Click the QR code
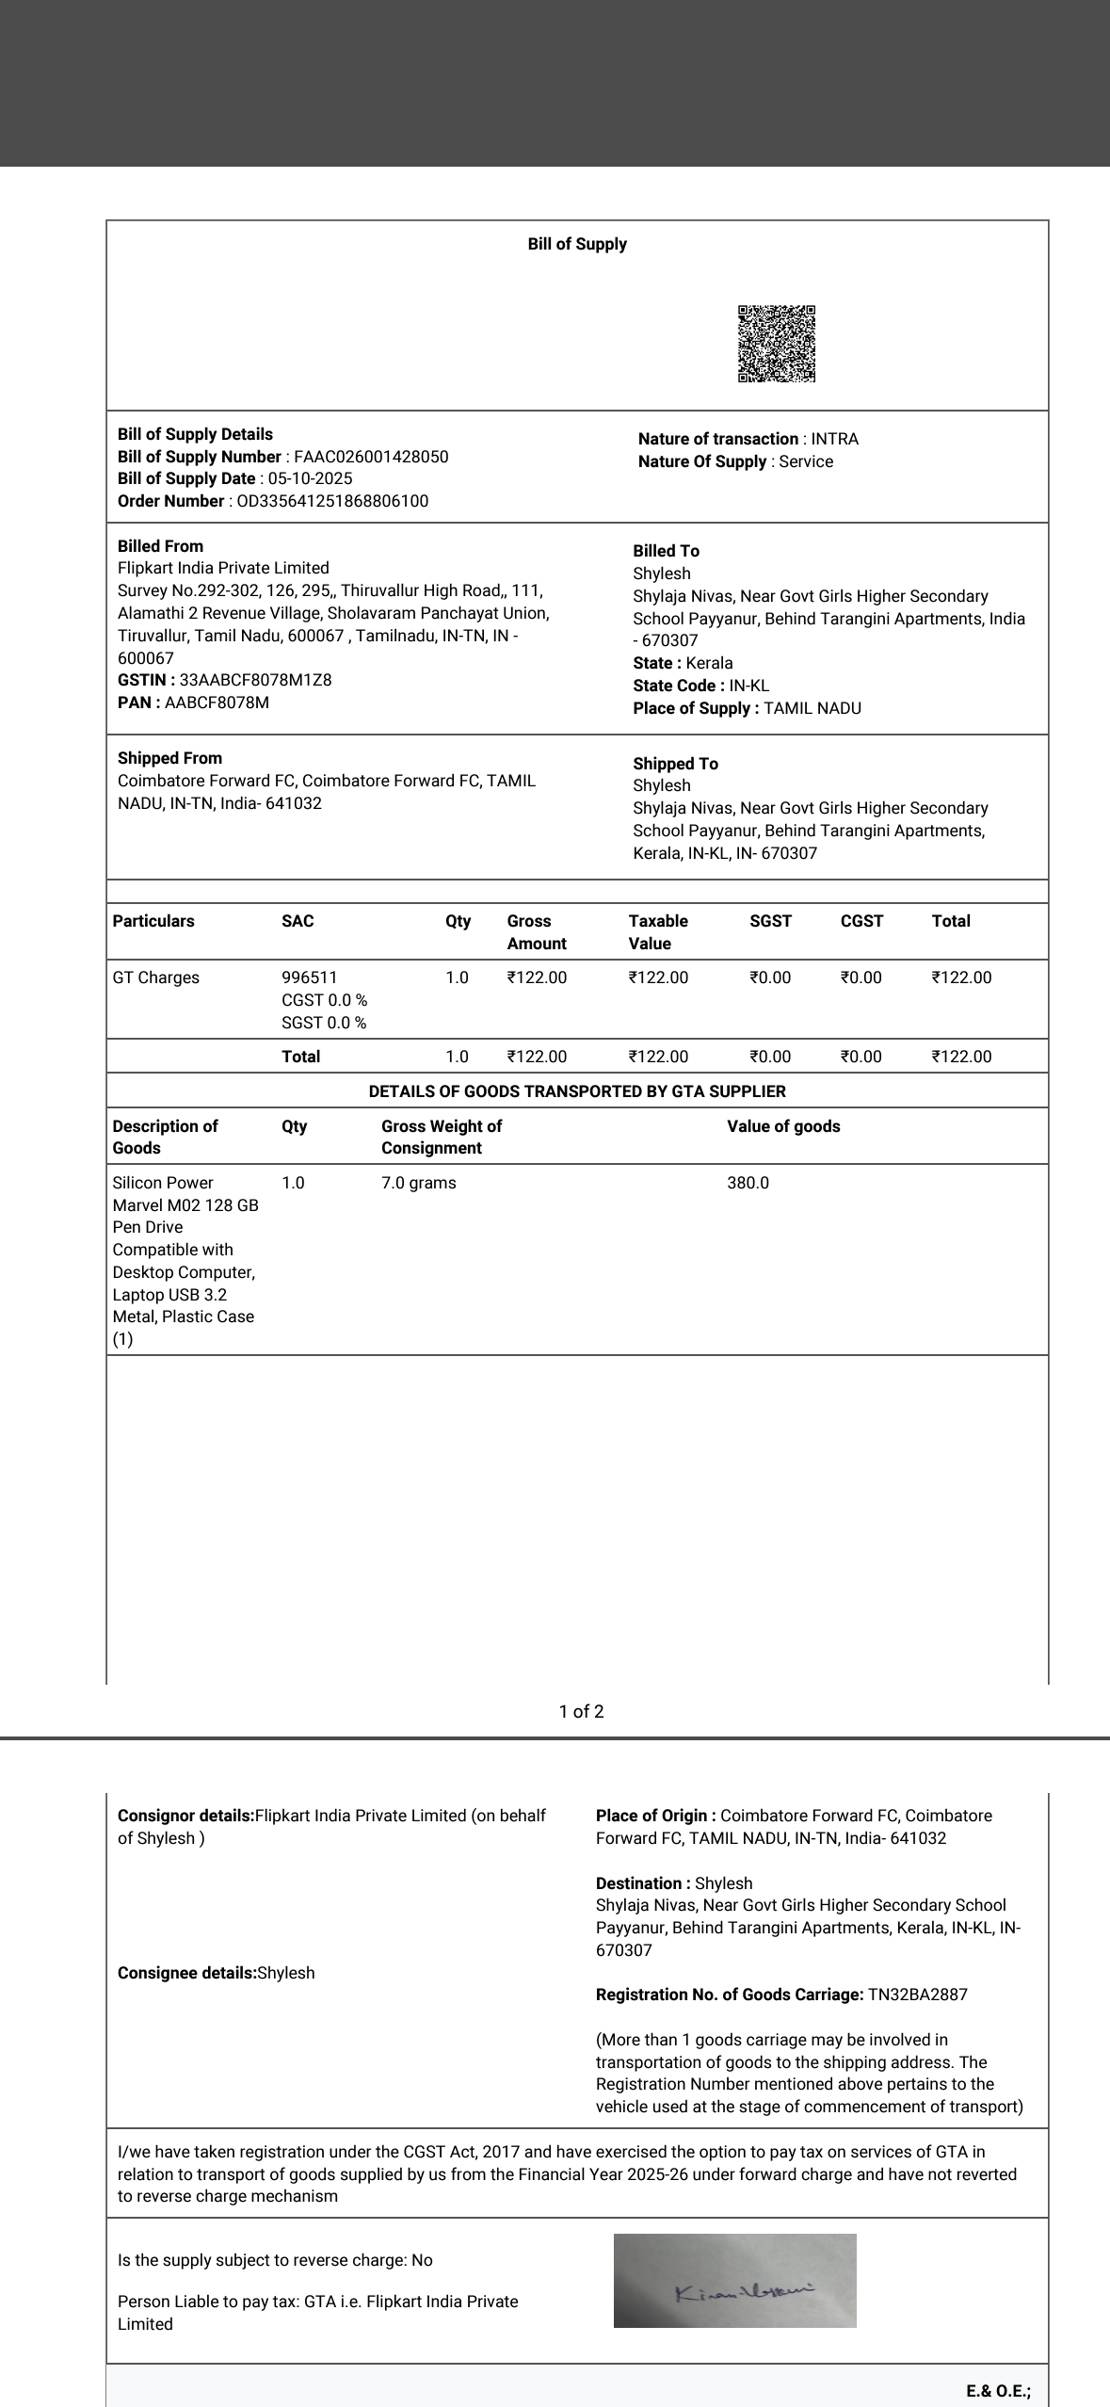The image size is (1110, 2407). [776, 344]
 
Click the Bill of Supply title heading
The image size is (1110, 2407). [577, 244]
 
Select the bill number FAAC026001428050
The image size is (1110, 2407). [371, 457]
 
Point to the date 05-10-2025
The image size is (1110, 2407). [310, 478]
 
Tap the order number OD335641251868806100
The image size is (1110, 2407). [332, 501]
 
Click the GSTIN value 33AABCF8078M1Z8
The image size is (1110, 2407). [255, 680]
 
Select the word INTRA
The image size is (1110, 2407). [834, 439]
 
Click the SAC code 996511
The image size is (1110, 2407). [309, 977]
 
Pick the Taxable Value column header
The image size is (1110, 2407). [658, 931]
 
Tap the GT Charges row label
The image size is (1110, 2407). [156, 977]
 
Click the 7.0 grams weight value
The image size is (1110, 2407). [418, 1183]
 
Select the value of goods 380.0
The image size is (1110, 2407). [748, 1183]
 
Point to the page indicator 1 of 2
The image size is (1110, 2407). [581, 1711]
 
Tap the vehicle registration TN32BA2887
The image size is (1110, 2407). [917, 1995]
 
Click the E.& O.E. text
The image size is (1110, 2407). [997, 2390]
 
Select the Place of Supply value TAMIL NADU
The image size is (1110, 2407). [812, 708]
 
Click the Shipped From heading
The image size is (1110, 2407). [169, 758]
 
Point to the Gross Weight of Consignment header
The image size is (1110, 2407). [441, 1137]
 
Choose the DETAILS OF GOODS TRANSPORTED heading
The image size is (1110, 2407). [577, 1091]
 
